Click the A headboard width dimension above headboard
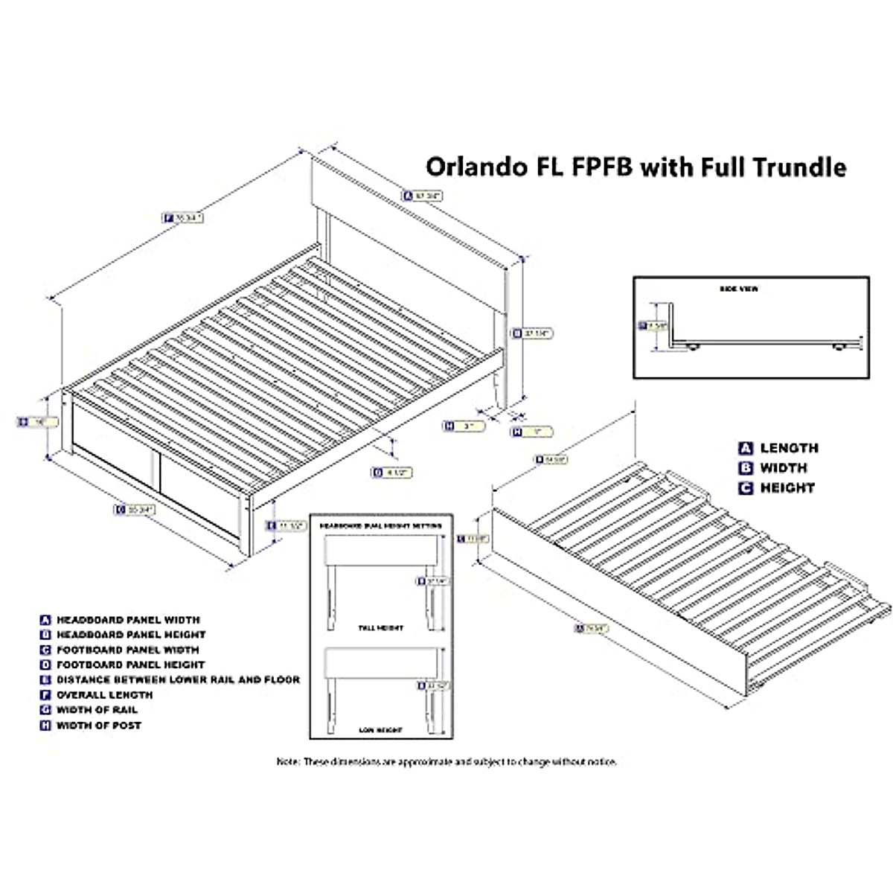pos(423,196)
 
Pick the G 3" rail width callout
pos(464,426)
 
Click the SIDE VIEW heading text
pos(739,289)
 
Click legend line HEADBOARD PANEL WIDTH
pos(127,619)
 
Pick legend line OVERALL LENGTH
pos(104,694)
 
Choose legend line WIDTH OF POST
pos(98,725)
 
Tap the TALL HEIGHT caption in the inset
pos(380,628)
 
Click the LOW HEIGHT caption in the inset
pos(380,730)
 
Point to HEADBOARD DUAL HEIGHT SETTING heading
pos(380,525)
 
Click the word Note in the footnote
pos(287,762)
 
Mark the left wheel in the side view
pos(694,348)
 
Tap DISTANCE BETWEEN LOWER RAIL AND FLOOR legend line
pos(178,679)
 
